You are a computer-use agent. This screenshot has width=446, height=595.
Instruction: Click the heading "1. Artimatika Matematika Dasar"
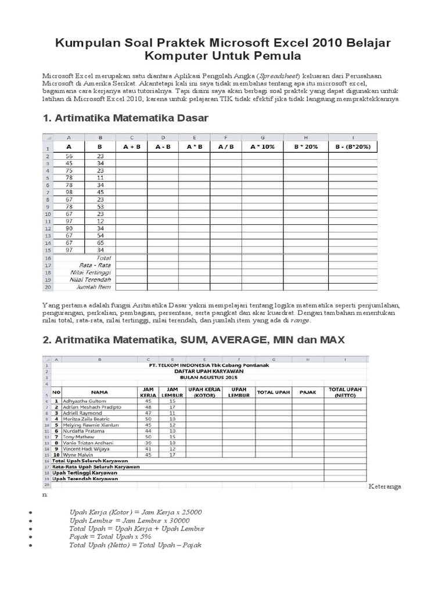point(125,118)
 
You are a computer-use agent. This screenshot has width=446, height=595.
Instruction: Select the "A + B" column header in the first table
point(131,147)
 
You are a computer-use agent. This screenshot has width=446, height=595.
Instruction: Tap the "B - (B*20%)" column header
point(353,147)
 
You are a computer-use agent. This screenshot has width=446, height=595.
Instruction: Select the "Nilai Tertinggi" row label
point(93,271)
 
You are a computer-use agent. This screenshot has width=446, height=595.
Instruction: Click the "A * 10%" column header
point(262,147)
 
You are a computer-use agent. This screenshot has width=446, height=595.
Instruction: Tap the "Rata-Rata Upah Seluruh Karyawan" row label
point(96,467)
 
